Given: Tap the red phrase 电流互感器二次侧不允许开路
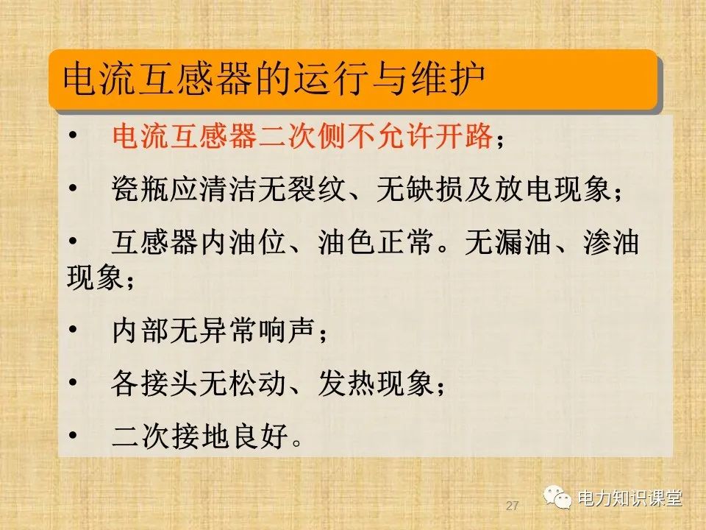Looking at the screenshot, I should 302,137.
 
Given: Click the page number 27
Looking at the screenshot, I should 513,506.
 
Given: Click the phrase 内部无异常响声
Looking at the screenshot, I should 213,332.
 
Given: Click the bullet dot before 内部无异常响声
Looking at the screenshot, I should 71,332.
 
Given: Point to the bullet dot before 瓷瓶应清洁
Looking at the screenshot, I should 71,189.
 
